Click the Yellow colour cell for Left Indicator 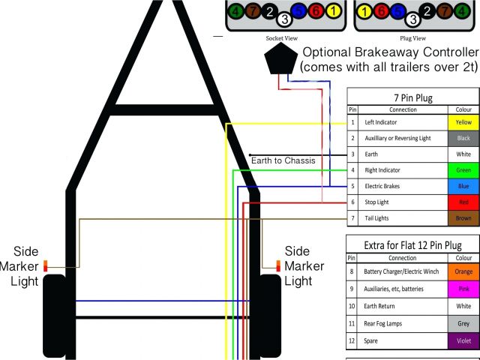click(x=463, y=122)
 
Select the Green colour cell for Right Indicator click(x=463, y=170)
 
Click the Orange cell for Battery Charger click(x=463, y=271)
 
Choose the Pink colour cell click(x=463, y=288)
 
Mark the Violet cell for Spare click(x=463, y=340)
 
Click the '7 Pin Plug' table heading click(x=412, y=97)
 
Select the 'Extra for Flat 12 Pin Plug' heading click(x=412, y=245)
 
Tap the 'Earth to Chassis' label click(x=283, y=160)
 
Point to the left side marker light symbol click(x=46, y=266)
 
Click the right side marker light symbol click(x=278, y=266)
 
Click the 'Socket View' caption click(x=282, y=37)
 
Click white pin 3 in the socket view click(x=284, y=20)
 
